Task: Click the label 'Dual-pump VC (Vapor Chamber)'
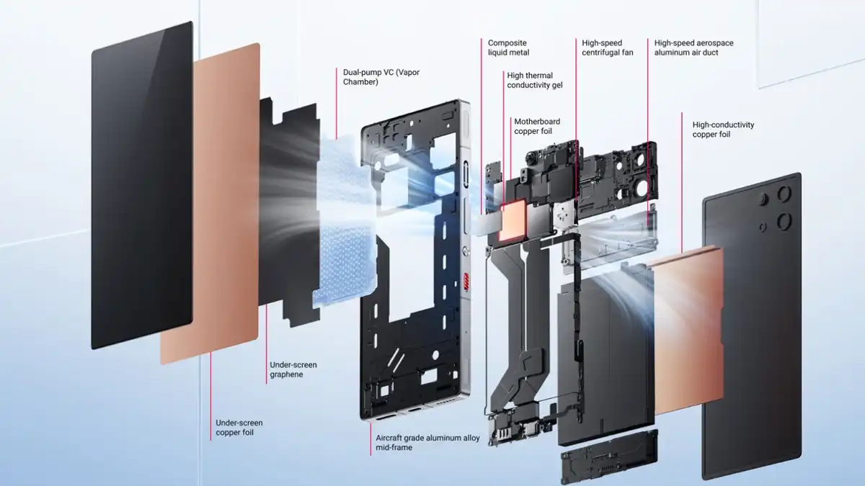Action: [381, 77]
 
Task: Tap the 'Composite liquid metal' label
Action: [508, 48]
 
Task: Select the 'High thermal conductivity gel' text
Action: [534, 80]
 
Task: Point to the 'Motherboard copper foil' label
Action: [537, 126]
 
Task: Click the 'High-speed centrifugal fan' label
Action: [608, 48]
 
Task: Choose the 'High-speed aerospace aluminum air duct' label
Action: [693, 48]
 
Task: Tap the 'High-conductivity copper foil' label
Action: [723, 129]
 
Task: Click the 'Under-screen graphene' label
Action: [293, 369]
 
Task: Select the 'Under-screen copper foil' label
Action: [239, 427]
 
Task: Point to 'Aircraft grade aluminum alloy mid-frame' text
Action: [427, 442]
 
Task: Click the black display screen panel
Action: [142, 185]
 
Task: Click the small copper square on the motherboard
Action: [512, 220]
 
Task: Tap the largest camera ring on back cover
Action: [784, 222]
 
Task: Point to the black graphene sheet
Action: [290, 212]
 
